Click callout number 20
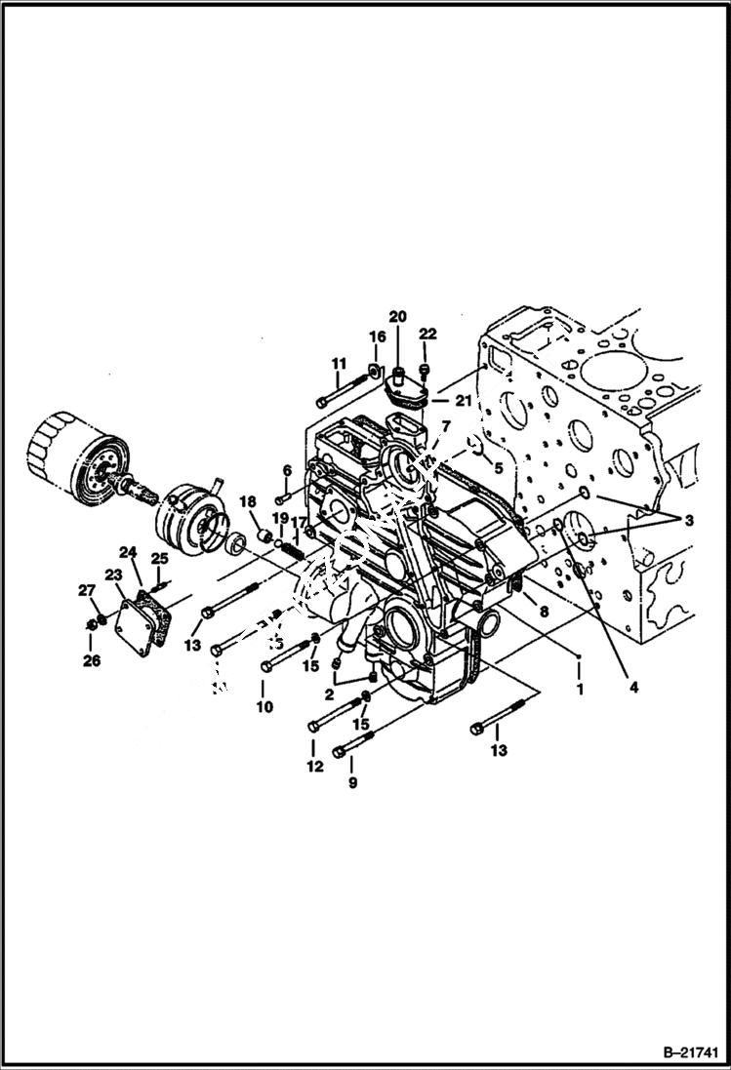(x=397, y=316)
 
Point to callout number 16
(x=378, y=337)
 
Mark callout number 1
(x=580, y=689)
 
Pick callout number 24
(x=128, y=551)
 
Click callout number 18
(x=248, y=501)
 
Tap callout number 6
(x=287, y=470)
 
